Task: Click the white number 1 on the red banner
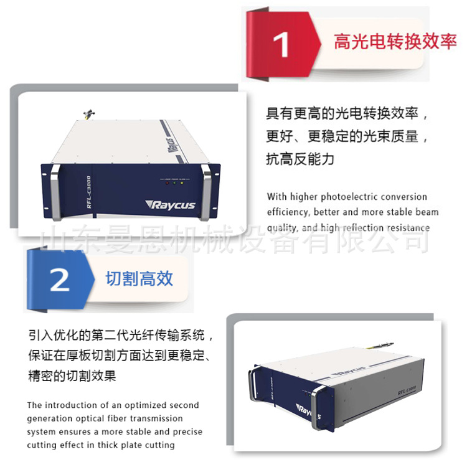coord(281,45)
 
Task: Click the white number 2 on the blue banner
coord(60,280)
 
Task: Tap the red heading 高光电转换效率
coord(395,41)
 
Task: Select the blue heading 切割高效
coord(139,278)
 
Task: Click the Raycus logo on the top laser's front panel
coord(171,205)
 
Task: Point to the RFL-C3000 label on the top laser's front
coord(89,192)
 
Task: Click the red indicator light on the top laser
coord(167,183)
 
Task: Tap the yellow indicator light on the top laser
coord(182,183)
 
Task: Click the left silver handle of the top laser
coord(55,192)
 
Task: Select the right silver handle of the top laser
coord(206,192)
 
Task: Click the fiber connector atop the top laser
coord(89,114)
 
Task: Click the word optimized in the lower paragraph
coord(141,405)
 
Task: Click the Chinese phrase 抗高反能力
coord(300,159)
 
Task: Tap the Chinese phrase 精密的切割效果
coord(72,375)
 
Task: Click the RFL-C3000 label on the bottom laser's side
coord(407,390)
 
